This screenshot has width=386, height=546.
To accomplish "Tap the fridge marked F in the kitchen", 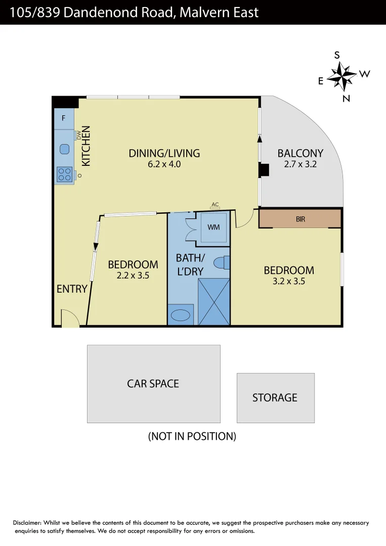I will click(x=64, y=118).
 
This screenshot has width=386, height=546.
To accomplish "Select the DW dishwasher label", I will click(x=79, y=135).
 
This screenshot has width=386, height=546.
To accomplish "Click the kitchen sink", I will click(x=64, y=149).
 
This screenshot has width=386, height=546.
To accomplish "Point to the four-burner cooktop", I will click(x=64, y=174).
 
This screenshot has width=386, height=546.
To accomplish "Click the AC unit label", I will click(x=215, y=205).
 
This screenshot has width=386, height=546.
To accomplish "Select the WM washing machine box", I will click(x=213, y=227).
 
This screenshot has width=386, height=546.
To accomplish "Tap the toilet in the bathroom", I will click(x=221, y=263).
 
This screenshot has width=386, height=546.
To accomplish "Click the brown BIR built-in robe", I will click(x=300, y=219).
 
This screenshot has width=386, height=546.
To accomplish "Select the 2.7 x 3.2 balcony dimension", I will click(x=300, y=164).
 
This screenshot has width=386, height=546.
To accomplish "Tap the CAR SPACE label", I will click(x=153, y=384).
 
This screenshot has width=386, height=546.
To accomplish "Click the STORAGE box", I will click(x=275, y=398).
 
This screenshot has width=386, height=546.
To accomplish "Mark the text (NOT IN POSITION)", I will click(x=192, y=436).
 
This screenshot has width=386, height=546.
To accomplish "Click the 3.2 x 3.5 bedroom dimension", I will click(x=288, y=282).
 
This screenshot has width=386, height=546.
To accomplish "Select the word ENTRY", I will click(x=72, y=289).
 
